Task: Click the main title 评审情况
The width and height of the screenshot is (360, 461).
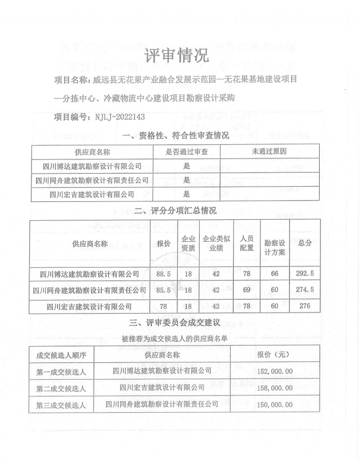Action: (176, 55)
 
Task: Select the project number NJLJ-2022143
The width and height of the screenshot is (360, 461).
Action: (119, 116)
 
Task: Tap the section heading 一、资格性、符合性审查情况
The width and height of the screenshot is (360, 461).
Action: (176, 136)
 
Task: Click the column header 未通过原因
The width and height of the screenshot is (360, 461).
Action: (269, 152)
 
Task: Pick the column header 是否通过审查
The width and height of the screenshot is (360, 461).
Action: (187, 152)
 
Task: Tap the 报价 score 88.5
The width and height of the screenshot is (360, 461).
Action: (163, 273)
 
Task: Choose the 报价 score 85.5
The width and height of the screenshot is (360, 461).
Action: (163, 290)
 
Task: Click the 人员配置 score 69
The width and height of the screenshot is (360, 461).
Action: (246, 290)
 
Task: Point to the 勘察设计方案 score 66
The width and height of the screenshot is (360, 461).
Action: (275, 273)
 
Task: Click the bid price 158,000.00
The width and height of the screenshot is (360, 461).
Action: (282, 388)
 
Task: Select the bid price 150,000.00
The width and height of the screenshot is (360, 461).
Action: (282, 405)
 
